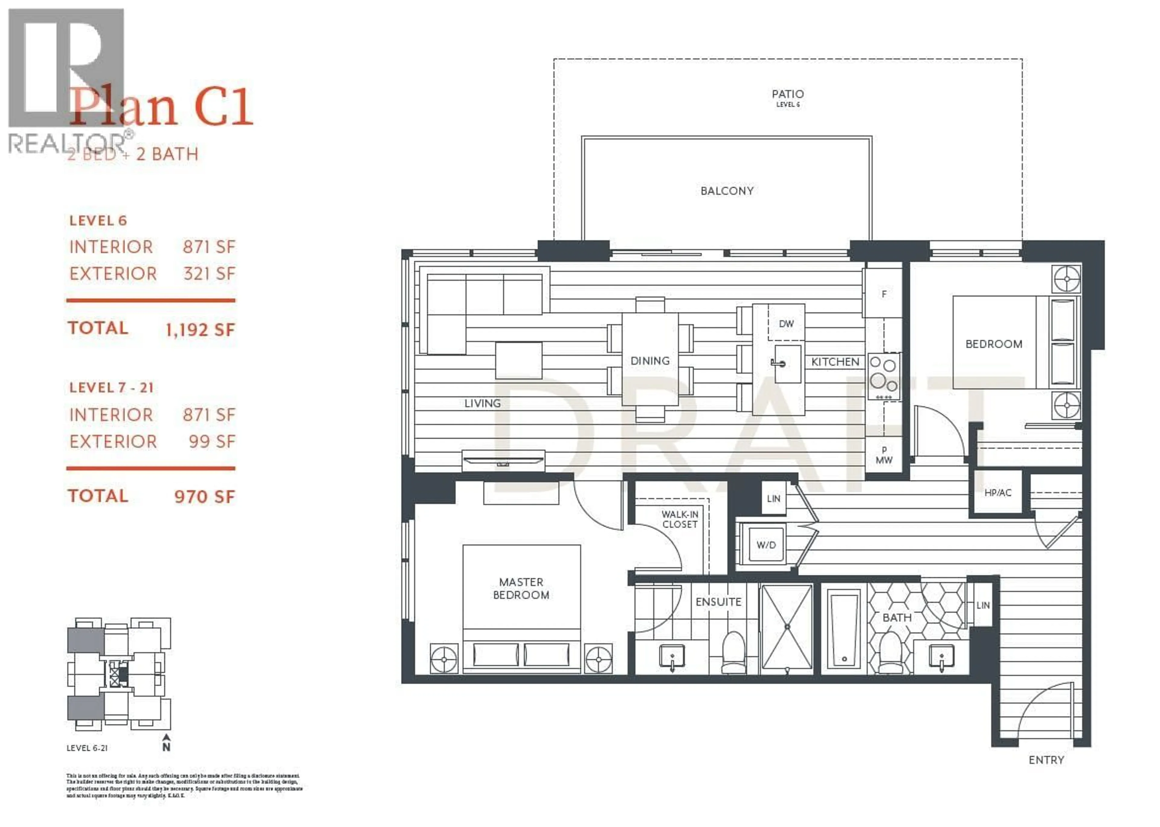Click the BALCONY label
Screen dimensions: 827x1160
[727, 191]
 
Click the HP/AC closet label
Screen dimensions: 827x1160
[997, 493]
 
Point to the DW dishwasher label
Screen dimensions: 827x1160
[786, 324]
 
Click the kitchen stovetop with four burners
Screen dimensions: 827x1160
[884, 376]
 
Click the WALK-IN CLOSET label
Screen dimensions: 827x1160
[679, 520]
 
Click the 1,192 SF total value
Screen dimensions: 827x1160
[200, 330]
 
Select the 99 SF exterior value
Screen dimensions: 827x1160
[212, 442]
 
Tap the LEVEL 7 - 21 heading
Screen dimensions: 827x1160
[111, 388]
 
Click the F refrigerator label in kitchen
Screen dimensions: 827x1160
[884, 294]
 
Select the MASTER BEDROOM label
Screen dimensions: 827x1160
[520, 588]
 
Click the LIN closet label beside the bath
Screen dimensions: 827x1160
[983, 606]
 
